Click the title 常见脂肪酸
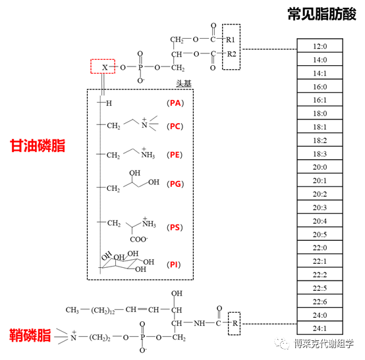point(322,14)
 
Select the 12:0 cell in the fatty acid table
point(320,45)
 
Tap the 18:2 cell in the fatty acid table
point(320,140)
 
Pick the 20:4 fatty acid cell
point(320,220)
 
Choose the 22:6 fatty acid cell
point(320,301)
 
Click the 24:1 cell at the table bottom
point(320,328)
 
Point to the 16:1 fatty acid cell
point(320,99)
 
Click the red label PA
point(175,103)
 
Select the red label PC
point(175,126)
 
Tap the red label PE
point(175,155)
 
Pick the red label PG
point(175,184)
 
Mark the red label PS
point(175,227)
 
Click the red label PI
point(174,265)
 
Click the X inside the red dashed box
point(105,67)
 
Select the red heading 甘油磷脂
point(38,146)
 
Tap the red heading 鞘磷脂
point(30,335)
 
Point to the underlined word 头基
point(183,84)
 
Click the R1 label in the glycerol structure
point(230,39)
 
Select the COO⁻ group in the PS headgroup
point(139,239)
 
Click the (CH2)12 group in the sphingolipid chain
point(103,310)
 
